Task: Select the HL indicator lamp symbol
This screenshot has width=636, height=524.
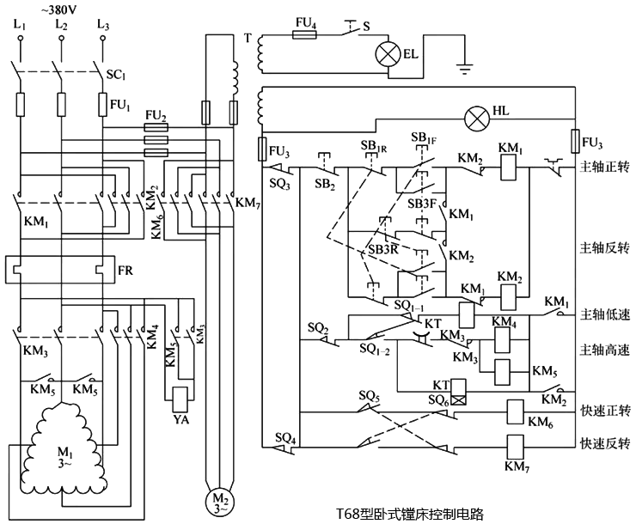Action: (475, 115)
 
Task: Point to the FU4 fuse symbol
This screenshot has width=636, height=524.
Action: (306, 35)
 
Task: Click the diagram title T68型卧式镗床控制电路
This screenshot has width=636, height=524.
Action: (410, 514)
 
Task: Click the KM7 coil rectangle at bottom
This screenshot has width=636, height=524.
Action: (516, 446)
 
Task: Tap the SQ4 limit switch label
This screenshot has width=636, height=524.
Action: (284, 437)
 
